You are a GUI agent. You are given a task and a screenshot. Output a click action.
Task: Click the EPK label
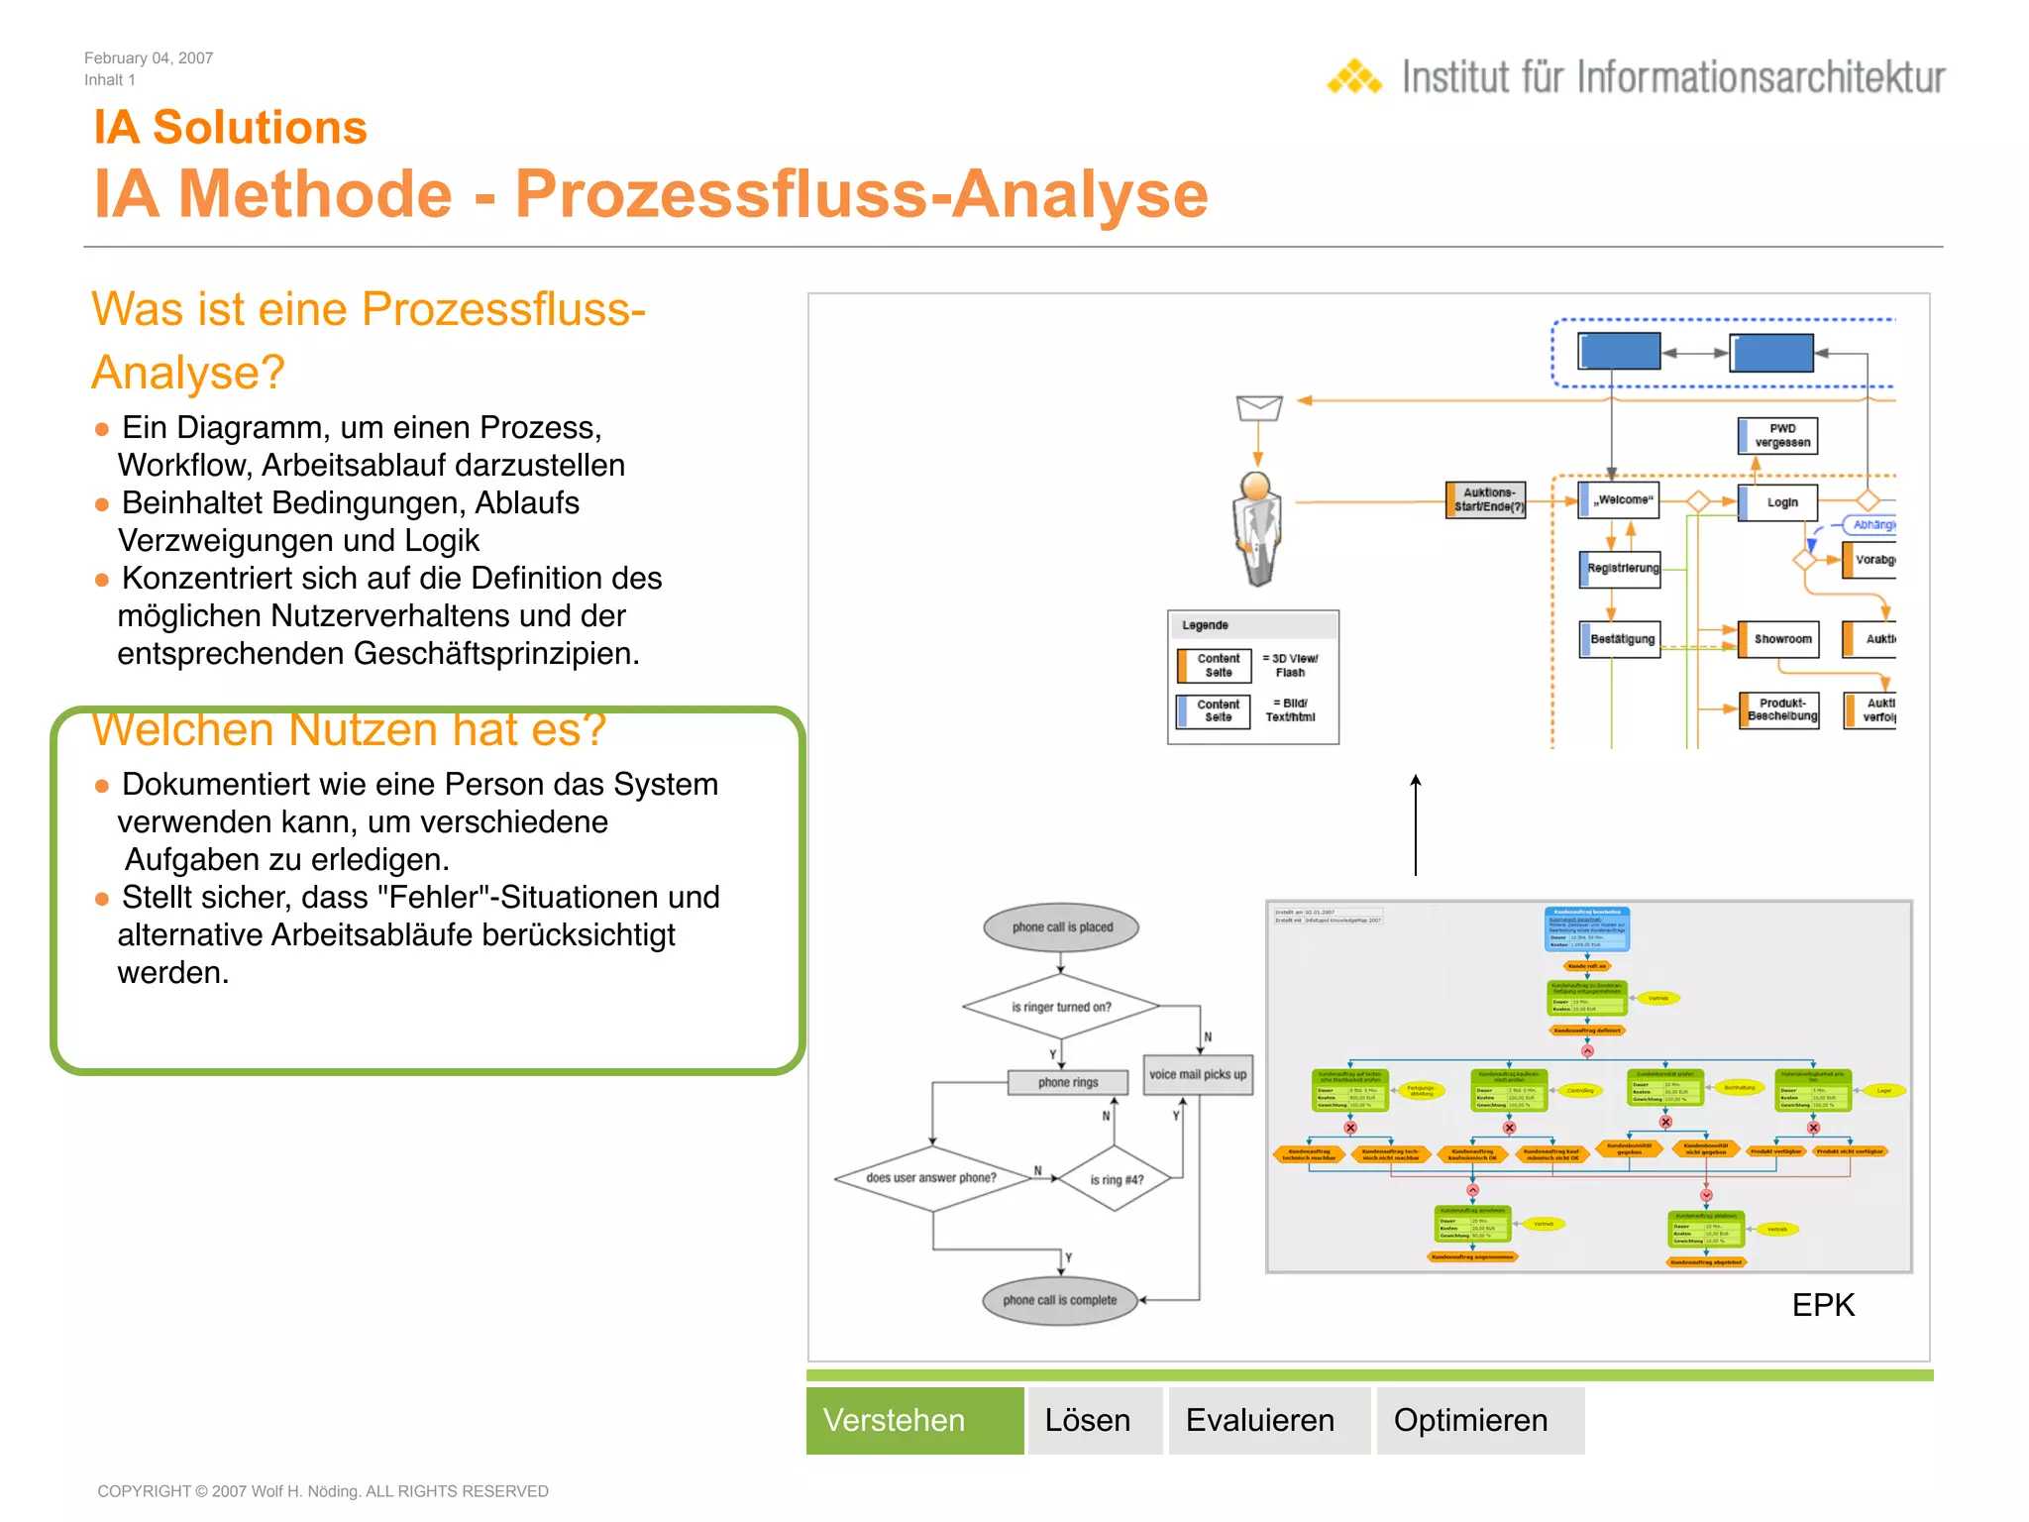point(1822,1305)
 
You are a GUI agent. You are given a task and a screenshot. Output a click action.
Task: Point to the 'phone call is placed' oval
point(1061,927)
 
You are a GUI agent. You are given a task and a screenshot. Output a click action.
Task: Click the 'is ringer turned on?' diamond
point(1061,1007)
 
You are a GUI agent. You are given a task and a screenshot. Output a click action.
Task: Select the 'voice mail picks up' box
point(1198,1074)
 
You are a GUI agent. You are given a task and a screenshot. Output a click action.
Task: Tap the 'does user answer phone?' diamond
point(931,1178)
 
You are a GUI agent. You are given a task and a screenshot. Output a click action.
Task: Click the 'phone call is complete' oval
point(1059,1300)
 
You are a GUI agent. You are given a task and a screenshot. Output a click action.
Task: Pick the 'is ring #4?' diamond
point(1117,1179)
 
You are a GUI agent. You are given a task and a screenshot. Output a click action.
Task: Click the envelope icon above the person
point(1259,406)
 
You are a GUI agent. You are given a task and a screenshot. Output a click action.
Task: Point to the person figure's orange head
point(1256,486)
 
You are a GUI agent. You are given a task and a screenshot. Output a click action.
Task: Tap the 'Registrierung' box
point(1621,569)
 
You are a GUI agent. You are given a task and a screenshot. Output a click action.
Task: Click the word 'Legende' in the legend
point(1205,625)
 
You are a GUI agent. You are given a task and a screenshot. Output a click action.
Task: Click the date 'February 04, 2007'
point(149,58)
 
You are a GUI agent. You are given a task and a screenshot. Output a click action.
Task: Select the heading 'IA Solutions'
point(230,128)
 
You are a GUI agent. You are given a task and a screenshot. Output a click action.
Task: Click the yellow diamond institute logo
point(1354,77)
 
